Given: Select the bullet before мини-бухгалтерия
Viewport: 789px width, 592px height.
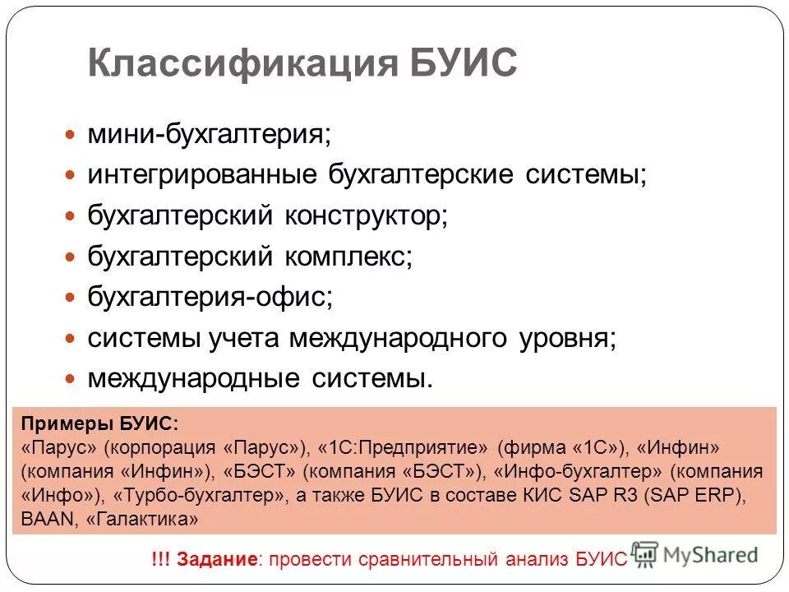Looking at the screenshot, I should [71, 133].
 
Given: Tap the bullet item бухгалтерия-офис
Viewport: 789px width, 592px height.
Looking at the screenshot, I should [210, 296].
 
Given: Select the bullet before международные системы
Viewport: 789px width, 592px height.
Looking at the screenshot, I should [71, 379].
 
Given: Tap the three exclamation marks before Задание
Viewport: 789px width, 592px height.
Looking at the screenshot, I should [161, 560].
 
